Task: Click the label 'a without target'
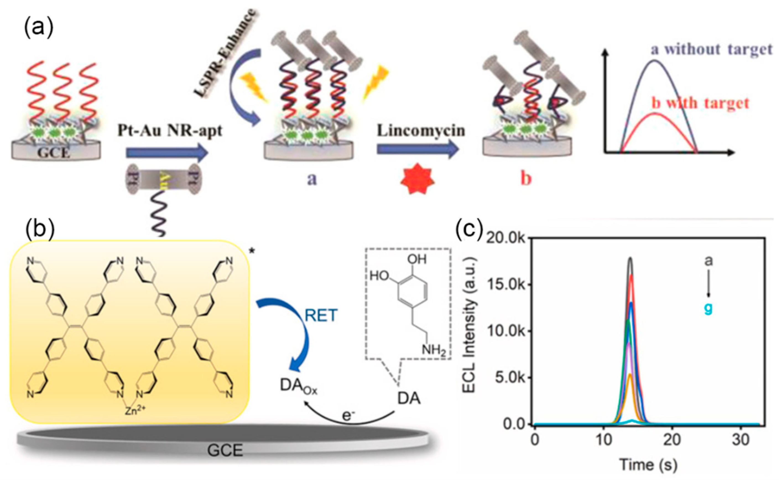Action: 711,50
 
